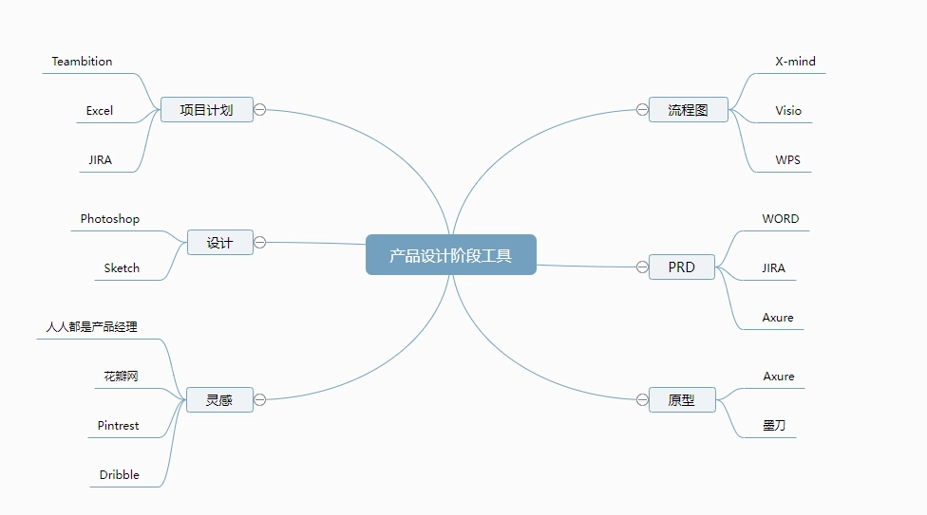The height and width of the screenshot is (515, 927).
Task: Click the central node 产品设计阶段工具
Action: tap(451, 254)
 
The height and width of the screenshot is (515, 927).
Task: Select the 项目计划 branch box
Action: tap(207, 110)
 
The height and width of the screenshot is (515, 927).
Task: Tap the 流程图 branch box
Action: tap(689, 110)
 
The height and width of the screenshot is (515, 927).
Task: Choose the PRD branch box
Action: tap(682, 267)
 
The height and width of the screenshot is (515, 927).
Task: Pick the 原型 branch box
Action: tap(682, 400)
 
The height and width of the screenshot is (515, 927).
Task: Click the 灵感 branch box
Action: tap(219, 400)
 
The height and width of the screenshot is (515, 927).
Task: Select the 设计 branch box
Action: tap(220, 242)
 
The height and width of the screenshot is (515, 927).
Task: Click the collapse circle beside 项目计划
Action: tap(259, 110)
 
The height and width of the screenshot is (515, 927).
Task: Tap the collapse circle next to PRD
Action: tap(642, 267)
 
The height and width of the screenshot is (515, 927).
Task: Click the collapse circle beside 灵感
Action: tap(259, 400)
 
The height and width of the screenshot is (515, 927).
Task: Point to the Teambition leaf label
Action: tap(83, 62)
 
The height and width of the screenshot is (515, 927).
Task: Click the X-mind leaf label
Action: tap(795, 62)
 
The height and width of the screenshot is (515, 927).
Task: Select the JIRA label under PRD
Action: tap(773, 268)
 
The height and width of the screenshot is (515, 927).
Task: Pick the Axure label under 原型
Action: tap(779, 377)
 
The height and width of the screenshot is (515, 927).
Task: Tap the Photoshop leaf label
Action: tap(110, 219)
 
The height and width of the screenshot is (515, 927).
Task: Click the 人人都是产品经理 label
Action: tap(91, 326)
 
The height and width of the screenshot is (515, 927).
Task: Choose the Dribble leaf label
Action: tap(120, 475)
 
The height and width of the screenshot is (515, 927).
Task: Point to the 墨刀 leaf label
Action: tap(774, 425)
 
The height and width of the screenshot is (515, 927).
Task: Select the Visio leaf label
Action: tap(788, 111)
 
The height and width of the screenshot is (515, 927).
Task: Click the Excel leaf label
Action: tap(100, 111)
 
